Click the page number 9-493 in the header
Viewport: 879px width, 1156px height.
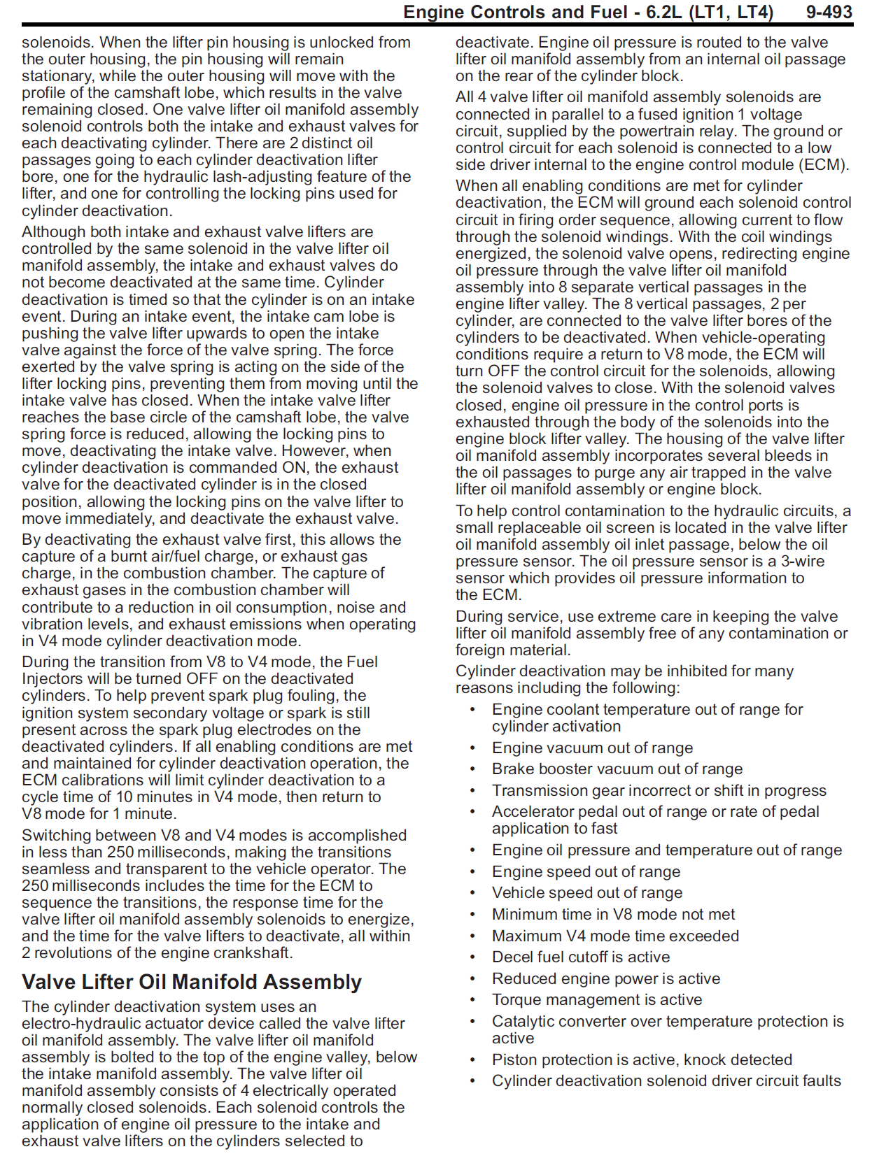(x=829, y=12)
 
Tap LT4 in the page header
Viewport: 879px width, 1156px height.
(x=754, y=12)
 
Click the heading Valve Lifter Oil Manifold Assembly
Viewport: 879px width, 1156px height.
(x=192, y=982)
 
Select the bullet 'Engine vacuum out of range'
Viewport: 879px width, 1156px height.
(x=592, y=748)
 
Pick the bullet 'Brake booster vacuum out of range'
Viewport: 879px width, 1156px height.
(x=617, y=769)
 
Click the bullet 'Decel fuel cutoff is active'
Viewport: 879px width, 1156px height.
(x=580, y=957)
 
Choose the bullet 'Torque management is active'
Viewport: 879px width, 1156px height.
(x=596, y=999)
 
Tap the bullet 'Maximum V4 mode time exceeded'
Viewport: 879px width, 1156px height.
(x=615, y=936)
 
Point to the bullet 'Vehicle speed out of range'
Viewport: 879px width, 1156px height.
(x=586, y=892)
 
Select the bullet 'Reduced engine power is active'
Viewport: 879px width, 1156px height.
(x=605, y=978)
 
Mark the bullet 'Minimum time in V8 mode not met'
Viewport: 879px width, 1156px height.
(x=613, y=914)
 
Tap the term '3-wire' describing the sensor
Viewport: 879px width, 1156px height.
(x=803, y=561)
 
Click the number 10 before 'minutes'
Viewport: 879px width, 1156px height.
(x=124, y=797)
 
